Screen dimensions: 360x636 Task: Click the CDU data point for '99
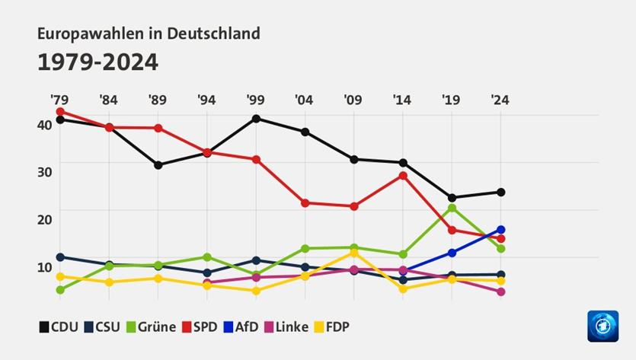256,118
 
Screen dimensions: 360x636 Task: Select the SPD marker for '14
403,175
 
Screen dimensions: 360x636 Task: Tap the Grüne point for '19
452,208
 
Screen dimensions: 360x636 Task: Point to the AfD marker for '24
500,229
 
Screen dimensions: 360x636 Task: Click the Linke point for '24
500,292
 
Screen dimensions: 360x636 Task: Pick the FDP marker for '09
354,252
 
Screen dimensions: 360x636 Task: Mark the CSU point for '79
59,256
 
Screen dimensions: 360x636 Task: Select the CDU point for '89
158,164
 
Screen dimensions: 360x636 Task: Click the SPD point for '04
305,202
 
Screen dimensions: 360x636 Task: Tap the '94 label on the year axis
206,100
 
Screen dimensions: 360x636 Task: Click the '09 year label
353,100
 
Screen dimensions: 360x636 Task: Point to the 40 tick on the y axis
45,124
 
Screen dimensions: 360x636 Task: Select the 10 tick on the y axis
45,266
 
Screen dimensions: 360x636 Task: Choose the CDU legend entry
57,327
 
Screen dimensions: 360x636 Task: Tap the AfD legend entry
239,327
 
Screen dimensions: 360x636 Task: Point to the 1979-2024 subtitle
97,62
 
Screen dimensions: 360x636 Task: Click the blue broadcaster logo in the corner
602,326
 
